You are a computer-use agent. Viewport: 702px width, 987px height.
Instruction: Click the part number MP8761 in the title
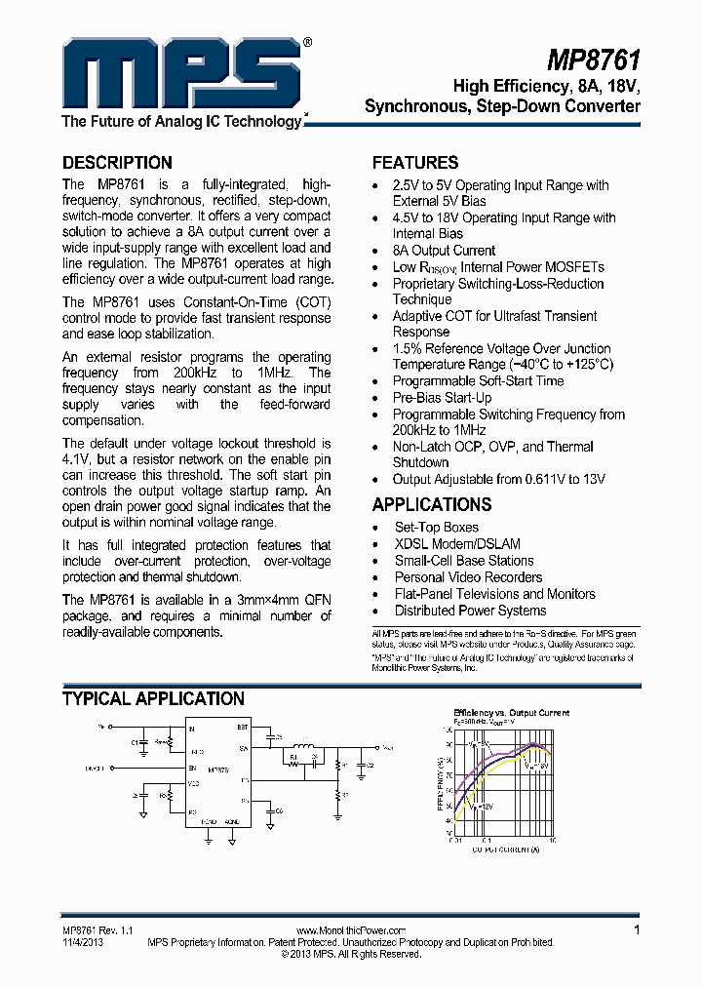(593, 60)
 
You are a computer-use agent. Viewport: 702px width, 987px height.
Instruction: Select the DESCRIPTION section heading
(117, 163)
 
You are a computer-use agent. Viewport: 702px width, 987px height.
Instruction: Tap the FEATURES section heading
(415, 163)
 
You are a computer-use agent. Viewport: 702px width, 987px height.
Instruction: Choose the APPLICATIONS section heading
(432, 505)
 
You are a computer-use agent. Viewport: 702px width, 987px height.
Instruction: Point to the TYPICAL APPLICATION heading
(153, 699)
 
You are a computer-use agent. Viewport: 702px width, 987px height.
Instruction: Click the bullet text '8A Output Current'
(444, 251)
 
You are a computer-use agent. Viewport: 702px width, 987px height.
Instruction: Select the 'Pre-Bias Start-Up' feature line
(442, 398)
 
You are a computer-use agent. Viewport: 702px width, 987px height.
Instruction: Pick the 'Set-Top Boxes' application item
(436, 528)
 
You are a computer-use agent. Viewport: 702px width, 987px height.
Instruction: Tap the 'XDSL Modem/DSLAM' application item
(457, 544)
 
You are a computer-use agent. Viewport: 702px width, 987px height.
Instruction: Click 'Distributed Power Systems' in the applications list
(470, 611)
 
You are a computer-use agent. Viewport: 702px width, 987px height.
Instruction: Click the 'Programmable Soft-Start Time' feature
(478, 381)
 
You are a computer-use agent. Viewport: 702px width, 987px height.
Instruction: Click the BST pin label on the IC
(243, 728)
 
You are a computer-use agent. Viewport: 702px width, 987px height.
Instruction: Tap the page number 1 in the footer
(637, 930)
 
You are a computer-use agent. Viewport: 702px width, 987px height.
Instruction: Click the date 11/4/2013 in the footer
(82, 943)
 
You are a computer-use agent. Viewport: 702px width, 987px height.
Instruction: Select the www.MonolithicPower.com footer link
(350, 931)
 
